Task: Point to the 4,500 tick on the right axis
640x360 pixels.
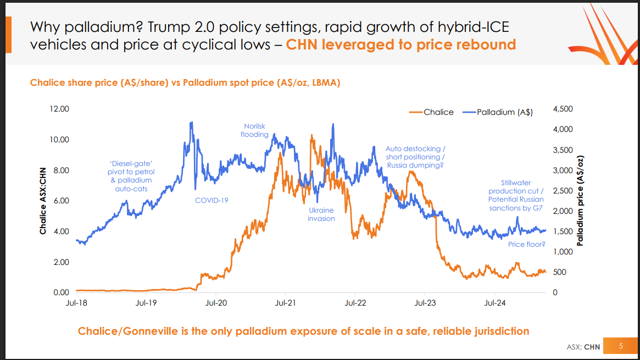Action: click(563, 109)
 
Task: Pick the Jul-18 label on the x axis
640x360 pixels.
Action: click(76, 302)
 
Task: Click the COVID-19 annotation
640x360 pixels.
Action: click(212, 200)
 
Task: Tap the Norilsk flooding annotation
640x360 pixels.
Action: click(254, 130)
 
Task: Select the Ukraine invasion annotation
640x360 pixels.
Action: click(321, 214)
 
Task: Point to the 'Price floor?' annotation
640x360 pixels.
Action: click(526, 244)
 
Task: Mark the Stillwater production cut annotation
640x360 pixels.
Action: click(516, 195)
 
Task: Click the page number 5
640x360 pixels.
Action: click(621, 346)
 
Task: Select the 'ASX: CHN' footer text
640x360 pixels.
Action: click(583, 347)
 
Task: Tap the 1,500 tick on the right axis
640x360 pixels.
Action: click(563, 231)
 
